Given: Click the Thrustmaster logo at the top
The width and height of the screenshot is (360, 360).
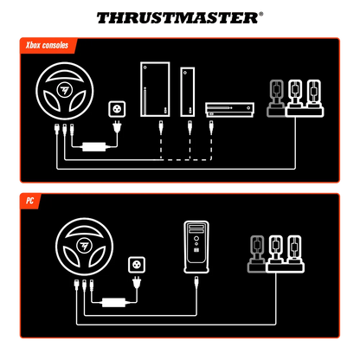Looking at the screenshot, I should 180,16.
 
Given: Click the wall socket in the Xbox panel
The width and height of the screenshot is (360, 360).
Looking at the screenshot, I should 113,110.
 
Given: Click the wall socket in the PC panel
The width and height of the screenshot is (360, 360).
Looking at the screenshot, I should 135,263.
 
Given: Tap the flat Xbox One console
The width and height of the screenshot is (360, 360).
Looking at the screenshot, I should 226,109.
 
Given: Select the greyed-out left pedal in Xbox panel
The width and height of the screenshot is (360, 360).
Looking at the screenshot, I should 277,97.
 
